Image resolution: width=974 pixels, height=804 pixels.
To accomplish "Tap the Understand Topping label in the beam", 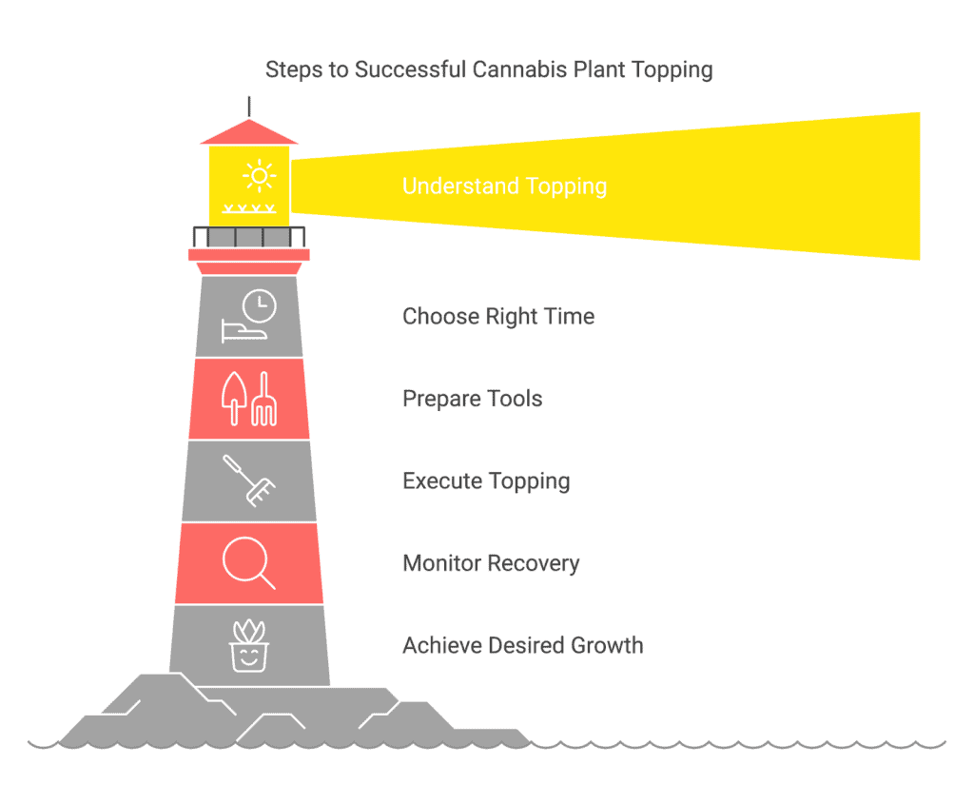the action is [504, 186].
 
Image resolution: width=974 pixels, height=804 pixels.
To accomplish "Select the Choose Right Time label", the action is [498, 316].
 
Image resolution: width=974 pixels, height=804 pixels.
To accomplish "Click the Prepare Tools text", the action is [472, 399].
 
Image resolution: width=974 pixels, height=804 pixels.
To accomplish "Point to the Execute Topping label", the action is [486, 480].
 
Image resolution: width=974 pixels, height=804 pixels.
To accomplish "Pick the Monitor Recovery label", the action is [491, 563].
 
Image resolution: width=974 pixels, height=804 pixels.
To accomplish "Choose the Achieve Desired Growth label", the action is [522, 645].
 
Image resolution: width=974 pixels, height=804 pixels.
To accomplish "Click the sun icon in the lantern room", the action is [259, 176].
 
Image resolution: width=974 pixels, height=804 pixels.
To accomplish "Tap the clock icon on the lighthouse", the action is [259, 305].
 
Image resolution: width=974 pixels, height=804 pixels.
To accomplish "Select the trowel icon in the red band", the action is [234, 399].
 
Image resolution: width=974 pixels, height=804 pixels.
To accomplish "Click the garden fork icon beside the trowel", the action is [264, 399].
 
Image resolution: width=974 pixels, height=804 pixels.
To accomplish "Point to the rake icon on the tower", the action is [249, 480].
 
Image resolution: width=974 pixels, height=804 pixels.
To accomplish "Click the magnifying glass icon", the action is [248, 563].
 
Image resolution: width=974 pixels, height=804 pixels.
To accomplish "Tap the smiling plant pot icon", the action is [249, 646].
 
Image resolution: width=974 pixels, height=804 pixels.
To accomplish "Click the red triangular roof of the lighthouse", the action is [249, 131].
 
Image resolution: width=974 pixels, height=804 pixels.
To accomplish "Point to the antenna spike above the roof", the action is [249, 107].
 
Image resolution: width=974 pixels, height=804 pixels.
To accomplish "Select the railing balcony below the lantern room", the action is [249, 237].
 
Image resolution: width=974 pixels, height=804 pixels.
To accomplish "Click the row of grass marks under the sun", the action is [249, 208].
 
